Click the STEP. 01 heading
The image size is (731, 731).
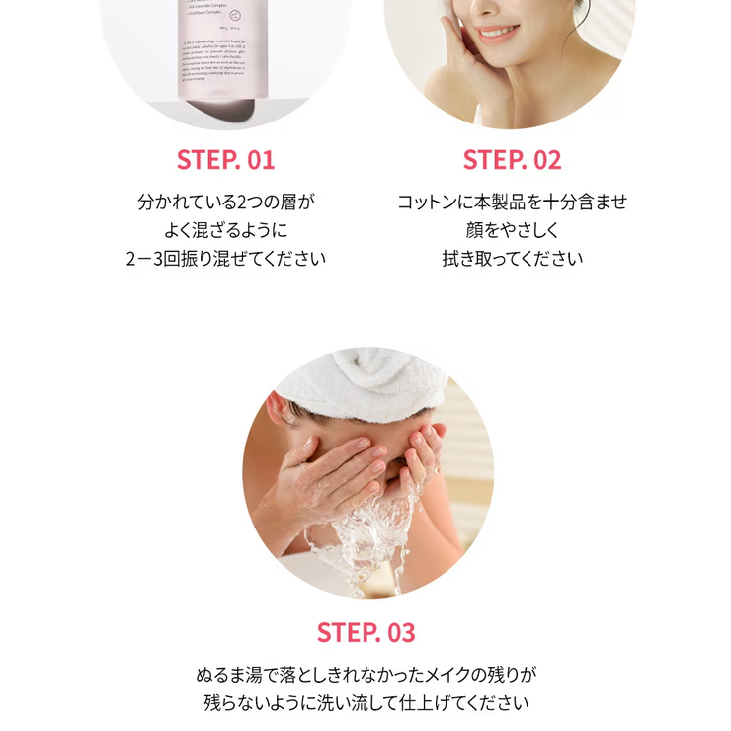click(x=225, y=160)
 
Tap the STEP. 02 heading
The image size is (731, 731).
click(x=512, y=160)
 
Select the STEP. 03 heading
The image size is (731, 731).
click(x=365, y=632)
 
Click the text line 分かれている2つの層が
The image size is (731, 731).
click(x=225, y=203)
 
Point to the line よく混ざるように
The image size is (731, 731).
click(x=225, y=231)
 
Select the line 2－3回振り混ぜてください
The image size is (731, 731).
click(x=225, y=259)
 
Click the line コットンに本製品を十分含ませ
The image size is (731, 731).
click(x=512, y=203)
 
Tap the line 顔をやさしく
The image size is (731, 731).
click(x=512, y=231)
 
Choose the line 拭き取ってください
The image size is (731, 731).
click(x=512, y=259)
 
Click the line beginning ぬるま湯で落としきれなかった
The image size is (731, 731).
click(x=365, y=677)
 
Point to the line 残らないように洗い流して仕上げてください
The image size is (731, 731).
click(x=365, y=704)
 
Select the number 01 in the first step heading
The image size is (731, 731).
click(x=255, y=160)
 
